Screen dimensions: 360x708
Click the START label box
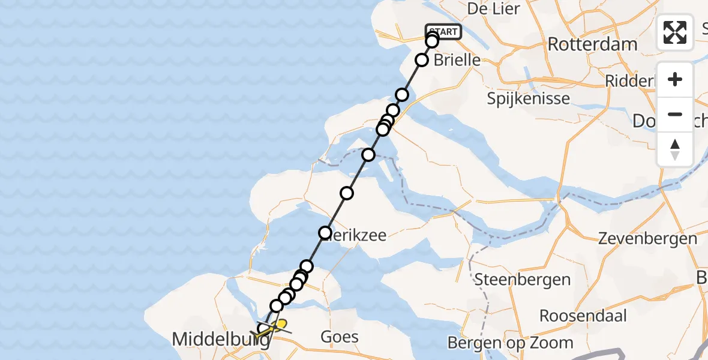coord(443,31)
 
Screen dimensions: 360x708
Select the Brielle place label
coord(457,60)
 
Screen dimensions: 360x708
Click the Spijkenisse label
coord(529,98)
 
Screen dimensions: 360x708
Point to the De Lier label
coord(493,9)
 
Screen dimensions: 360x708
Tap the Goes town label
coord(340,337)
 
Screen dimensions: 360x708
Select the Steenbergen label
coord(514,279)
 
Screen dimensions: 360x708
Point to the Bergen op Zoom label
coord(511,343)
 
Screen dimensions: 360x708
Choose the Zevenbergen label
coord(647,238)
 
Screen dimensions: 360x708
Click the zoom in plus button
coord(675,79)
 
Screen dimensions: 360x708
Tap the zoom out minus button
coord(675,114)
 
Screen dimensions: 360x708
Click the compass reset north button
coord(675,149)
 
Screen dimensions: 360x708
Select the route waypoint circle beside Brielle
coord(422,60)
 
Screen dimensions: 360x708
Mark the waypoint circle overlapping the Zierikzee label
coord(325,233)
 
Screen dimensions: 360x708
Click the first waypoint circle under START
coord(432,41)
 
